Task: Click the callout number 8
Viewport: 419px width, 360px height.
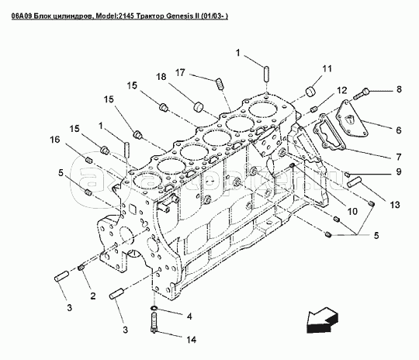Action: pos(399,89)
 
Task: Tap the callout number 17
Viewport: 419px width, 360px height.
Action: pos(180,72)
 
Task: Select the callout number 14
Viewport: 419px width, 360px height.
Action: pos(191,340)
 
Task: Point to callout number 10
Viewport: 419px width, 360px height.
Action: pos(352,211)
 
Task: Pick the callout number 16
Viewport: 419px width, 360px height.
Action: pos(55,140)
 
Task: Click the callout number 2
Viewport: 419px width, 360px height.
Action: pos(93,296)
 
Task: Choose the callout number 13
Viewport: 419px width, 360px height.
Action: pos(395,205)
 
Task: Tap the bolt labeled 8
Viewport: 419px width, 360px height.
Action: pos(361,94)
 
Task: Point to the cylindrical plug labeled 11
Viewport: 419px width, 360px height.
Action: pos(310,91)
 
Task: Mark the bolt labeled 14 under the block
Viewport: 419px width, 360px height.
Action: pos(154,323)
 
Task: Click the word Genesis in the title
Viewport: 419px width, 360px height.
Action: pos(178,16)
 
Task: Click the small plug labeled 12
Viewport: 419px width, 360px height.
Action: pos(314,109)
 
